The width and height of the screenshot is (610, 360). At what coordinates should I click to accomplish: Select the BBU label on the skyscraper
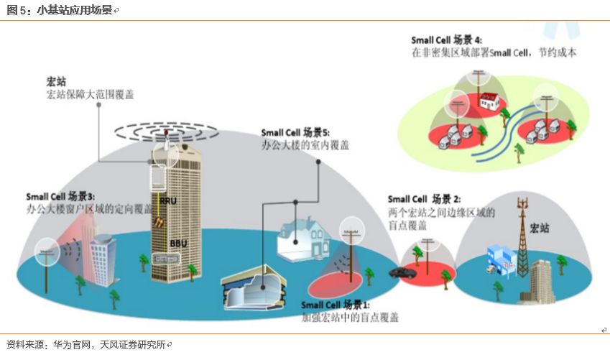click(x=178, y=244)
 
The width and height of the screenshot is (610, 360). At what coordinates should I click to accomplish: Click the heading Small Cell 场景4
click(x=446, y=40)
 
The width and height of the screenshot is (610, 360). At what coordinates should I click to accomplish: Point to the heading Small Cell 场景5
click(x=295, y=133)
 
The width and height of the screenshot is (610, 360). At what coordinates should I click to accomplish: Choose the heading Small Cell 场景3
click(x=60, y=196)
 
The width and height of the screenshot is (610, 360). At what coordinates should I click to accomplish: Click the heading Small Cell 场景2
click(x=424, y=199)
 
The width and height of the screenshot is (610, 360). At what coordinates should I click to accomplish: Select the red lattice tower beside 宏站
click(x=522, y=237)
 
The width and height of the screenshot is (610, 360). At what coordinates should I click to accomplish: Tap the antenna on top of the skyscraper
click(x=166, y=137)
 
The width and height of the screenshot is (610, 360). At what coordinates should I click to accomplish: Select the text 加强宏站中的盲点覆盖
click(x=350, y=317)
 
